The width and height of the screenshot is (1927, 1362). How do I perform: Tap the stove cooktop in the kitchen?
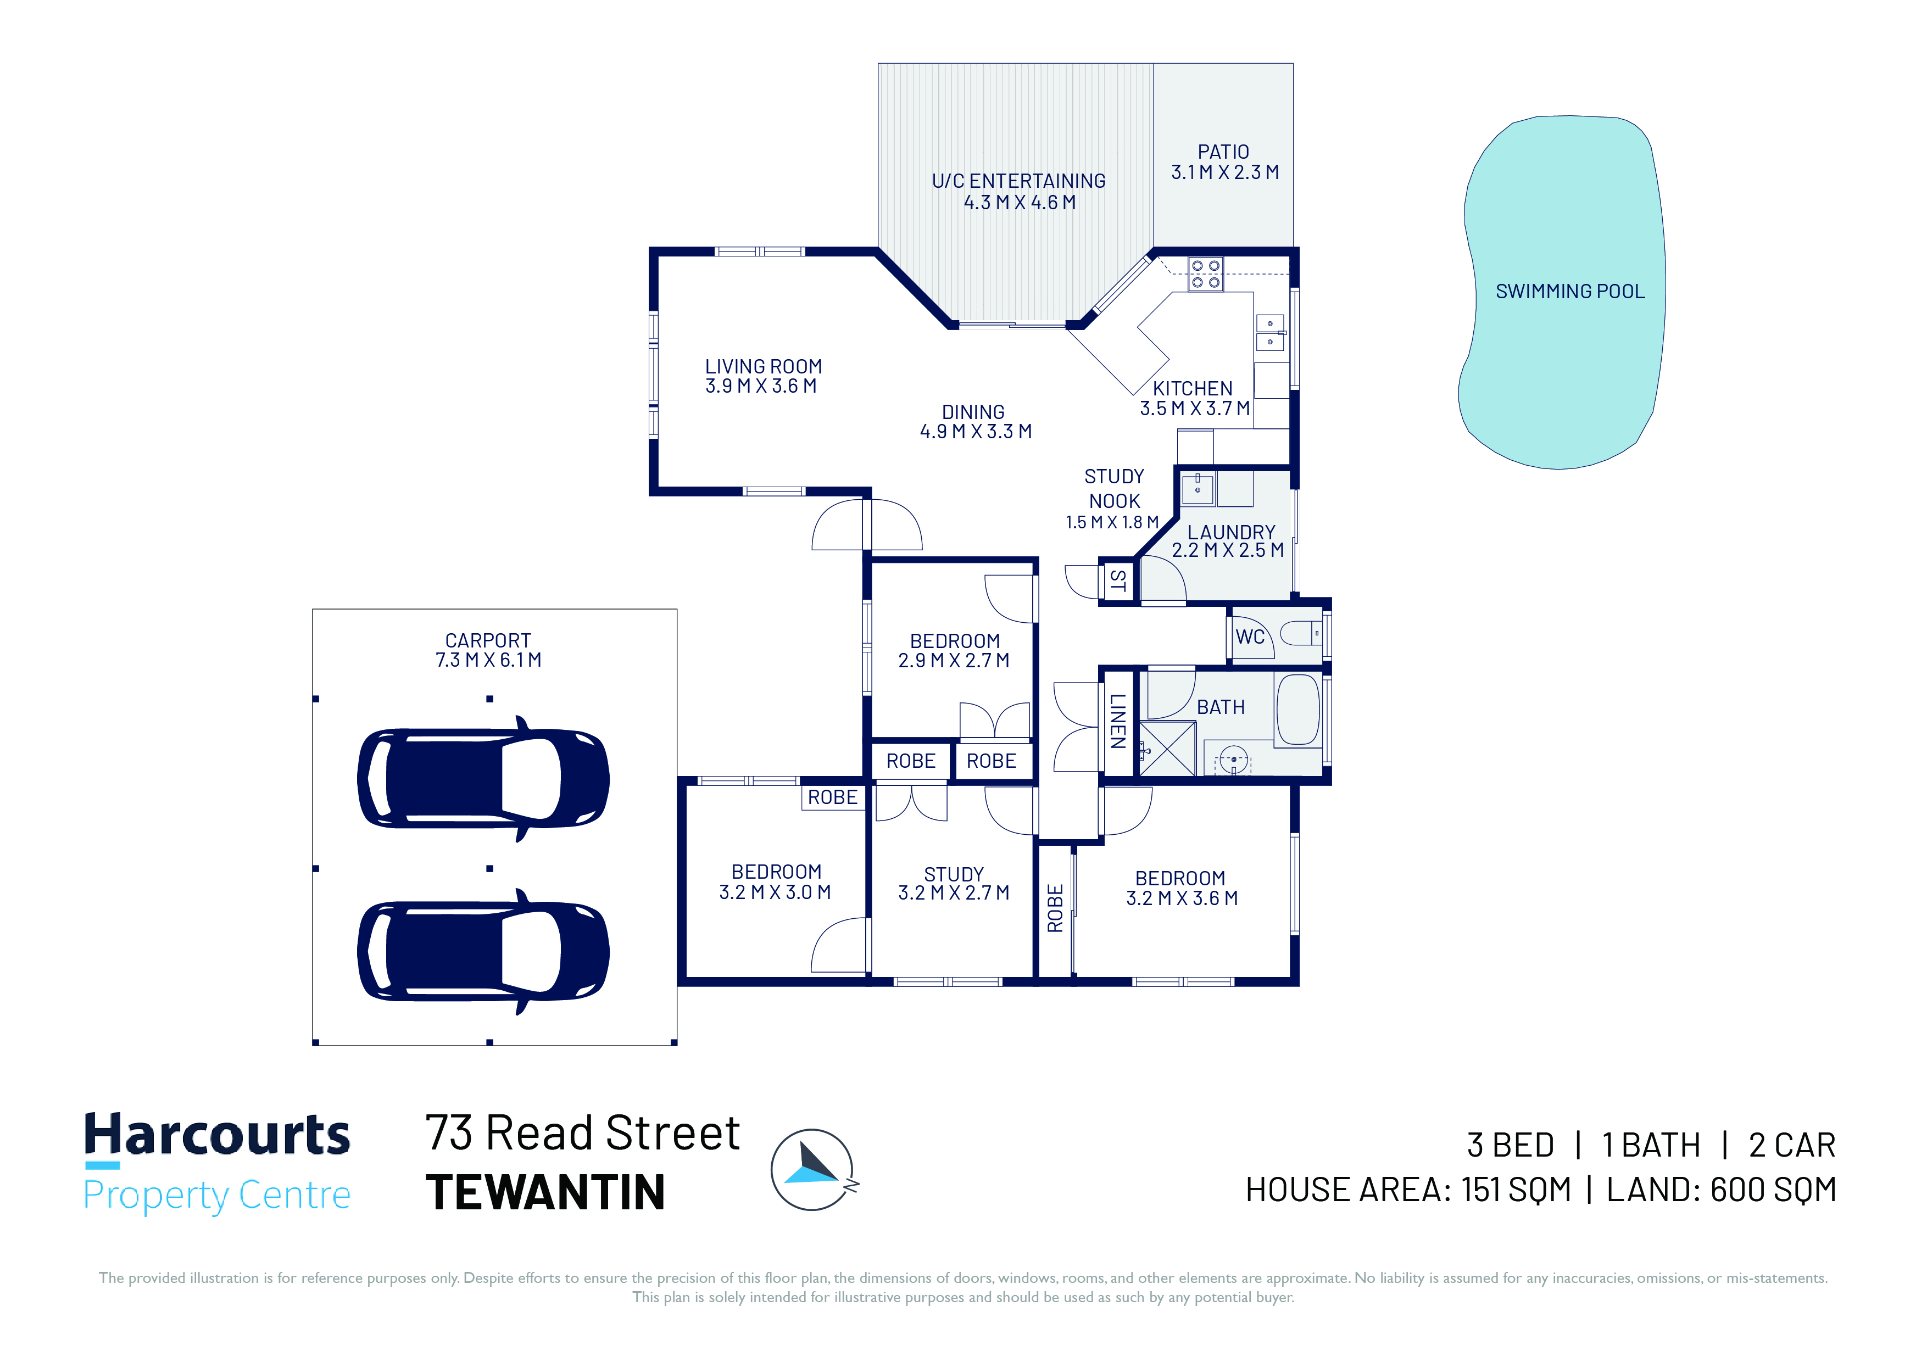(1205, 273)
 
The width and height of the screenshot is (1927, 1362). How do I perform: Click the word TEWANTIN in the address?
(545, 1192)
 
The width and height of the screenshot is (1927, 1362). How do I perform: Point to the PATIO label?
(1224, 152)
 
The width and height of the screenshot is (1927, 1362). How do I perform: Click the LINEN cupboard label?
(1118, 721)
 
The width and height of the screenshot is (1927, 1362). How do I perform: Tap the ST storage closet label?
(1118, 580)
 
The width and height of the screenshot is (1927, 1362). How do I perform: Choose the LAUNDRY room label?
(1231, 532)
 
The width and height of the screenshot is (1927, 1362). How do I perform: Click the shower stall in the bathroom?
(1167, 747)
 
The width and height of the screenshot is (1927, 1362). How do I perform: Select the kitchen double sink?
(1270, 332)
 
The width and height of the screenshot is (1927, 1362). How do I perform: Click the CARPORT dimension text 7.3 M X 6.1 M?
(488, 661)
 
